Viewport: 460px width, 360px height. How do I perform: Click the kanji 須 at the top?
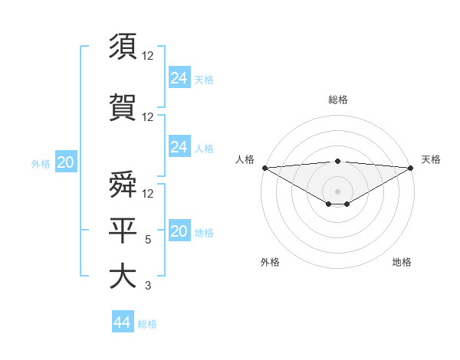pos(123,47)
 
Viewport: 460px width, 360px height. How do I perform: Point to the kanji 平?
pos(123,230)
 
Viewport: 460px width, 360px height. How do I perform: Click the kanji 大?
pos(123,277)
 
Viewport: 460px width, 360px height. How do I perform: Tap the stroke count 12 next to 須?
pos(148,57)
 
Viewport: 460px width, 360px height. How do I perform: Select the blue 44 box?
pos(123,322)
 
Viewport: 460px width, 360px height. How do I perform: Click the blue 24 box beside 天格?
pos(179,77)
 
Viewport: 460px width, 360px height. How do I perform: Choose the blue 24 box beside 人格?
pos(179,147)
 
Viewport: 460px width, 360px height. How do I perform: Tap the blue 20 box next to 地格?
pos(179,232)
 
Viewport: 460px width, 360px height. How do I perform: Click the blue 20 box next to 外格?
pos(66,162)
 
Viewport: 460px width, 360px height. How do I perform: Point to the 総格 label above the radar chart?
pos(337,100)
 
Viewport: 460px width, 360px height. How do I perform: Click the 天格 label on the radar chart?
pos(431,159)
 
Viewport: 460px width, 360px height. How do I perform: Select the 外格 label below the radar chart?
pos(270,262)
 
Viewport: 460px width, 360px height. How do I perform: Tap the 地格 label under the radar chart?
pos(402,262)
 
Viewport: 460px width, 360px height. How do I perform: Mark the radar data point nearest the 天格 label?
pos(411,168)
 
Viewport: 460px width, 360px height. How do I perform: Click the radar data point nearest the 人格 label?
pos(264,168)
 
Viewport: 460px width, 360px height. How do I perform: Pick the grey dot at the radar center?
pos(337,191)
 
